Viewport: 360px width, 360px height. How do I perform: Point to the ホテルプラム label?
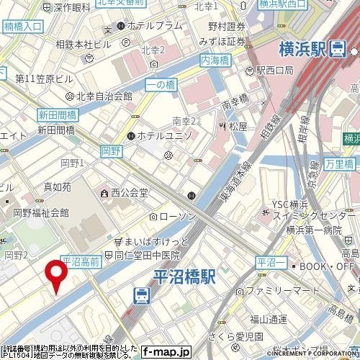tap(154, 26)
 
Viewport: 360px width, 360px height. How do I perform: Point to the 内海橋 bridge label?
tap(215, 62)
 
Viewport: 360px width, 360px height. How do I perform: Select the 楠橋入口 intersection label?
tap(23, 26)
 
